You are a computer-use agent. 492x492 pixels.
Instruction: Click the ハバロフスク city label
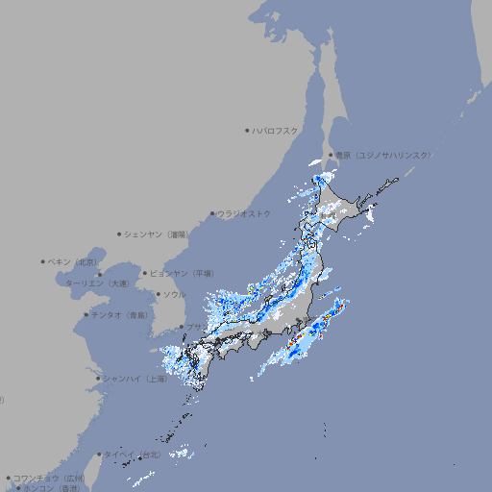[276, 130]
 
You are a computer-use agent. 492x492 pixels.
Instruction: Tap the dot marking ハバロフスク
[247, 130]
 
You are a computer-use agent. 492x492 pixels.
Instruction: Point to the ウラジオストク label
[245, 213]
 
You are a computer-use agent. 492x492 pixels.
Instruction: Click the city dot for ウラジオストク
[212, 213]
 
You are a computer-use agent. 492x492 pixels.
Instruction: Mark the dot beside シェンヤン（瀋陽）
[120, 234]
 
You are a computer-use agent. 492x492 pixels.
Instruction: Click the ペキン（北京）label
[73, 261]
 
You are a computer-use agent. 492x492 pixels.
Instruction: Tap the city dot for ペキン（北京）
[43, 261]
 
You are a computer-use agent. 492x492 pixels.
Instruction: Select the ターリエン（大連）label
[96, 283]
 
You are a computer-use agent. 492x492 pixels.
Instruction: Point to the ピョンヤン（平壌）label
[182, 273]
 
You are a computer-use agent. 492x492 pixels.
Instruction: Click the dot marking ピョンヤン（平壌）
[145, 273]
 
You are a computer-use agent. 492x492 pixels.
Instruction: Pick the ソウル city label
[174, 294]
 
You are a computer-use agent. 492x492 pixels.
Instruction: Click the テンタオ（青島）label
[119, 314]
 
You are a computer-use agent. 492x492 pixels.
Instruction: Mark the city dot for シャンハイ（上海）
[98, 379]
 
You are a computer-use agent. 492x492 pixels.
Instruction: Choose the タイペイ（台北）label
[135, 455]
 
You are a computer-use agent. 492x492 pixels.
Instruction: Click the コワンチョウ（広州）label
[48, 478]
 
